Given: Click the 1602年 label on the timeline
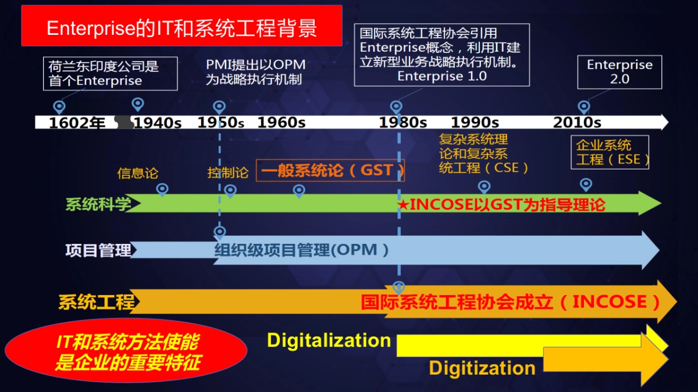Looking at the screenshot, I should [x=77, y=123].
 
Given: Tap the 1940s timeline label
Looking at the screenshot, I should [x=158, y=123].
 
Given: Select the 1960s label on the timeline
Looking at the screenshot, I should [x=282, y=123].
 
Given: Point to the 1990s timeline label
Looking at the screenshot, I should [x=475, y=123].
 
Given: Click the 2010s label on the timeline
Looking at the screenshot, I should [x=577, y=123].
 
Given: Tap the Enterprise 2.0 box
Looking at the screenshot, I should [x=619, y=72].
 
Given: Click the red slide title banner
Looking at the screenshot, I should [x=181, y=26].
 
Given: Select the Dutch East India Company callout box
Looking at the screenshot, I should [x=110, y=73].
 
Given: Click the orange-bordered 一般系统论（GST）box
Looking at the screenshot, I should [x=330, y=171].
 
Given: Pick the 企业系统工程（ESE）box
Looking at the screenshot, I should [x=610, y=153].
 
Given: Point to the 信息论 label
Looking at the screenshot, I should [x=138, y=173].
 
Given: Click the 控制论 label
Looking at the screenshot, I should [x=227, y=173].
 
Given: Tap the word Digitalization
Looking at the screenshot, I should [x=329, y=340].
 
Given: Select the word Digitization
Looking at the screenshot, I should [x=482, y=368].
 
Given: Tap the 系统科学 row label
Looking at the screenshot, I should [x=98, y=204].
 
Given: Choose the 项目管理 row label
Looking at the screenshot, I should [x=98, y=250].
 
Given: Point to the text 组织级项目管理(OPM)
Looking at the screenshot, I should [x=302, y=250].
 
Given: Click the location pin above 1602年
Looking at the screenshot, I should [x=59, y=106].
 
